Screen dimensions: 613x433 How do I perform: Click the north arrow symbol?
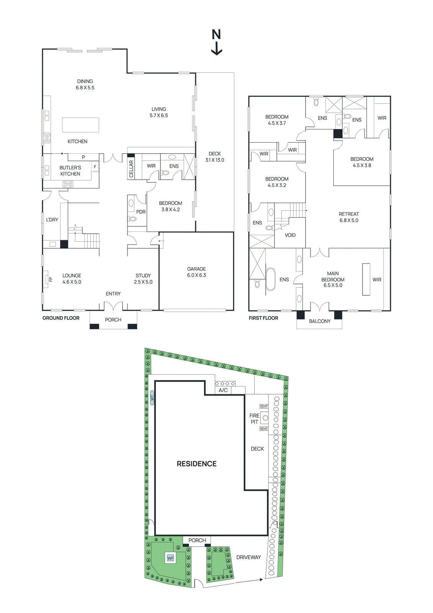pos(217,42)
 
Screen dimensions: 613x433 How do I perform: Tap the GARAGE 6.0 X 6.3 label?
pos(196,272)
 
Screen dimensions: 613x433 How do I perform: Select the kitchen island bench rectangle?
pos(80,125)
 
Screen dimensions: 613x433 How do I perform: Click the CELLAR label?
pos(131,169)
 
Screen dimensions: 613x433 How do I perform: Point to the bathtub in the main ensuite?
pos(271,279)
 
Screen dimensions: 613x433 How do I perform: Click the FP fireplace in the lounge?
pos(47,279)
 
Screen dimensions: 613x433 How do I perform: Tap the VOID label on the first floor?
pos(290,235)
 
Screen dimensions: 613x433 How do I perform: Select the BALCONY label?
pos(319,321)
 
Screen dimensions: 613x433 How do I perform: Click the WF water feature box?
pos(170,558)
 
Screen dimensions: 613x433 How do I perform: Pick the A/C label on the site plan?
pos(223,390)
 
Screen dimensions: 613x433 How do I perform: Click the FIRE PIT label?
pos(255,419)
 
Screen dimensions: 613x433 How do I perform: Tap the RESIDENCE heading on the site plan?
pos(196,464)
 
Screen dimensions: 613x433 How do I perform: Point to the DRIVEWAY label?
pos(248,557)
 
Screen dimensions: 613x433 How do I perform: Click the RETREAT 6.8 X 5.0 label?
pos(349,217)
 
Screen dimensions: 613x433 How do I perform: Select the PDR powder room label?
pos(141,212)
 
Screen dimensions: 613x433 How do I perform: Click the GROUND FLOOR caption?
pos(61,318)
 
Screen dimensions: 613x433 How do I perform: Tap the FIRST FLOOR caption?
pos(263,318)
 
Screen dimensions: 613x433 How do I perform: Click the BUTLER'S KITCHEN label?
pos(70,171)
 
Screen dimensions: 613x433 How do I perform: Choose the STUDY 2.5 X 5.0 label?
pos(143,279)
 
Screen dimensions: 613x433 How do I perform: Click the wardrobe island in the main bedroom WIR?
pos(366,279)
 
